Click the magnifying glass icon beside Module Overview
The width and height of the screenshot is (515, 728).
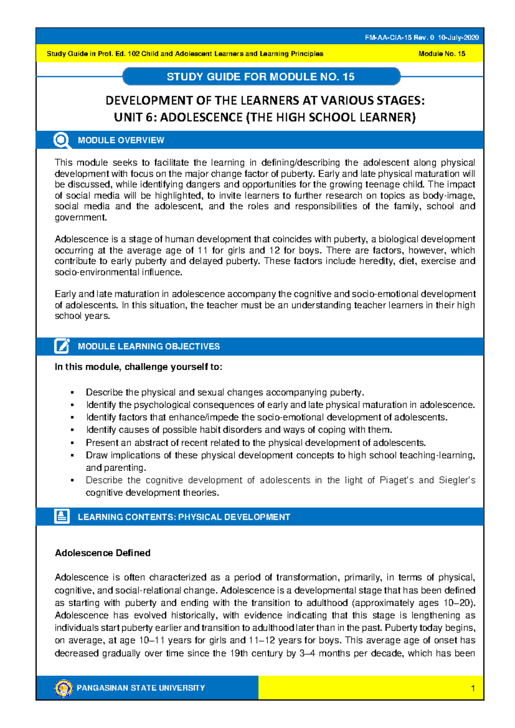(62, 140)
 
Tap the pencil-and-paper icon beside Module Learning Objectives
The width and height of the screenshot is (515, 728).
(62, 346)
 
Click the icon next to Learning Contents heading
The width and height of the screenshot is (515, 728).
(62, 516)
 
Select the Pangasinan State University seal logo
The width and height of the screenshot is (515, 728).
(64, 688)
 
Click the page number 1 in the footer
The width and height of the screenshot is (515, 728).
(473, 689)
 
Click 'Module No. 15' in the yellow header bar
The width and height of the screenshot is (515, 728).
(442, 54)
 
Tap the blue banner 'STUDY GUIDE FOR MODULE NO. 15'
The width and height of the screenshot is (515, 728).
(261, 77)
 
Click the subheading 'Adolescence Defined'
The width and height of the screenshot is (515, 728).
(103, 553)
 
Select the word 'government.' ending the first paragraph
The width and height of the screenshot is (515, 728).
(81, 218)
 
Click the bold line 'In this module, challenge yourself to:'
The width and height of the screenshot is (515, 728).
(138, 367)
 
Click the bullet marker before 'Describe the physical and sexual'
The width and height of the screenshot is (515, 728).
(73, 392)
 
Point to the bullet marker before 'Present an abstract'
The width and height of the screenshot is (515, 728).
(73, 443)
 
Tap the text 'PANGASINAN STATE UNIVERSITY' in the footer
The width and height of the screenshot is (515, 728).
(141, 688)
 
